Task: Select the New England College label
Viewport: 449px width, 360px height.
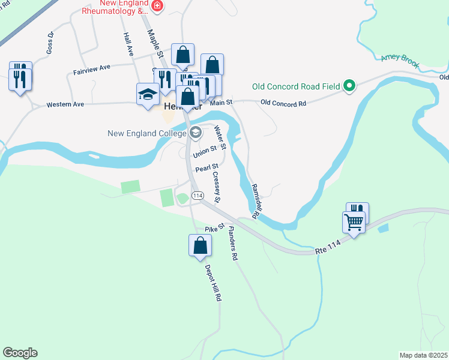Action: tap(147, 133)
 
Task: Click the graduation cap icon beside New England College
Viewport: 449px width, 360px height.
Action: tap(195, 133)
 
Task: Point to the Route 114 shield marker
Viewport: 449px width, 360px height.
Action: tap(197, 196)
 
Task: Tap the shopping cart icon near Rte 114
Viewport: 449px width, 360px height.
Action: tap(354, 223)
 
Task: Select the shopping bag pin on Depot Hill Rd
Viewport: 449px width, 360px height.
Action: tap(200, 245)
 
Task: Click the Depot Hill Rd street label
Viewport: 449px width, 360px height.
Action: tap(212, 281)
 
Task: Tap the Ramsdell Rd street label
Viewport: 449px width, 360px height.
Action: tap(258, 201)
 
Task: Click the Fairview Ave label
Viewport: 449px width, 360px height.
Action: tap(92, 70)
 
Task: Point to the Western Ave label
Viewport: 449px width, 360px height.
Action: tap(66, 105)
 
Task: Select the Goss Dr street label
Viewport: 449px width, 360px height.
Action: tap(50, 42)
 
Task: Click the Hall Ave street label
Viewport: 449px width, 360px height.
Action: tap(128, 44)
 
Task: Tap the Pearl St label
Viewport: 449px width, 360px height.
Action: tap(206, 167)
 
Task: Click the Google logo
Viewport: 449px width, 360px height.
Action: tap(20, 353)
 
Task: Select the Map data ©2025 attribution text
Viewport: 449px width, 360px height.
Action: tap(423, 355)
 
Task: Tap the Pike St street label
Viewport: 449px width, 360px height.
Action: tap(214, 228)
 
